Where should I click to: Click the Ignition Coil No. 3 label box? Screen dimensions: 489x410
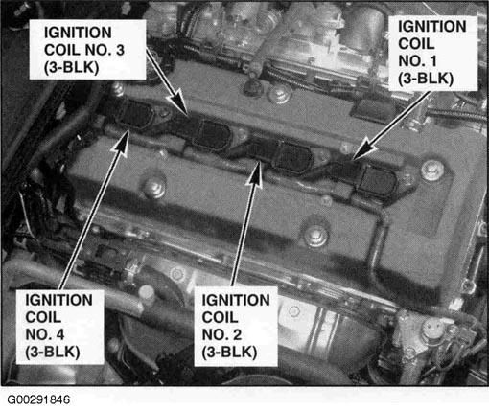[88, 50]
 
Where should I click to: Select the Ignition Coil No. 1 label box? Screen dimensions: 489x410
[433, 53]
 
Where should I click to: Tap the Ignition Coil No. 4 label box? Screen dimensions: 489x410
[60, 327]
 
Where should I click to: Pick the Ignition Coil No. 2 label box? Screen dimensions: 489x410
[236, 327]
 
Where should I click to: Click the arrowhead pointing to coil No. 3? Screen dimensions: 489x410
[179, 102]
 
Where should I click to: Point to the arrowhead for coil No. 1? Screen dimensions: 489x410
[364, 149]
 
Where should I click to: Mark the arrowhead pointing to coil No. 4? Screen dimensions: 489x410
[122, 145]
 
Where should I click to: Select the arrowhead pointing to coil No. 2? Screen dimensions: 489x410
[256, 174]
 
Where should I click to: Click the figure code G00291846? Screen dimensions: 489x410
[38, 399]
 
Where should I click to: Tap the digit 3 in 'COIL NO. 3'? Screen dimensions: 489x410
[120, 50]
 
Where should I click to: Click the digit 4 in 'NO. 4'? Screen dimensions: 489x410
[59, 334]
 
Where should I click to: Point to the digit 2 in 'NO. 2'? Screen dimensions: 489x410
[237, 335]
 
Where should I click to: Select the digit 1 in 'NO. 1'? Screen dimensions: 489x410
[432, 61]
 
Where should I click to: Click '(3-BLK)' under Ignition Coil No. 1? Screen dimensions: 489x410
[426, 79]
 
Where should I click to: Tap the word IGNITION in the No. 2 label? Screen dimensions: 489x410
[236, 300]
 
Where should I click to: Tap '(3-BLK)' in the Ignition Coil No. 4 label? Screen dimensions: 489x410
[53, 353]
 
